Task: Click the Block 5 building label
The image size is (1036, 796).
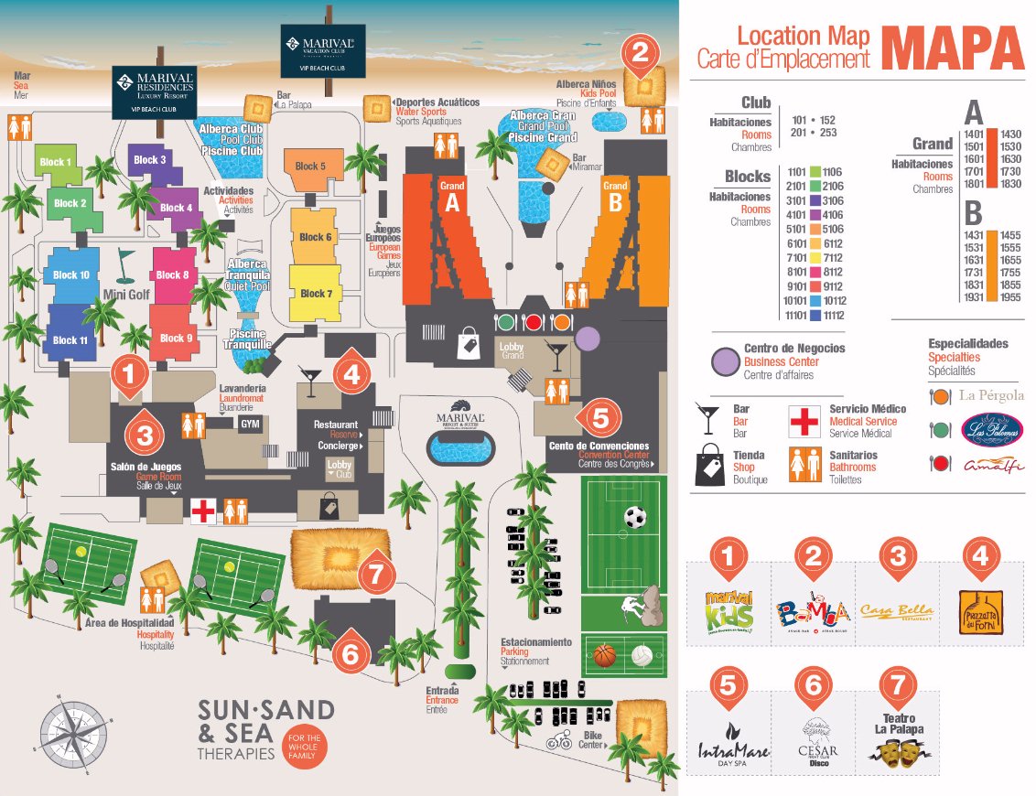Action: click(311, 167)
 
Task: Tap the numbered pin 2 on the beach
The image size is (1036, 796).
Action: click(641, 52)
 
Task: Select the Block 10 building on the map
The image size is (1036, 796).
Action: click(71, 274)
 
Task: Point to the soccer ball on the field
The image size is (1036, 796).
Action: click(634, 518)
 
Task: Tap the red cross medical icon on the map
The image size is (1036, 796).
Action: click(202, 511)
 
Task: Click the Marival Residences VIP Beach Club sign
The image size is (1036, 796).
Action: click(154, 91)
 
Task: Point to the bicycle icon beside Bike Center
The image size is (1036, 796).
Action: click(559, 744)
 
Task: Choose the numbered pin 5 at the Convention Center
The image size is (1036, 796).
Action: click(599, 417)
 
